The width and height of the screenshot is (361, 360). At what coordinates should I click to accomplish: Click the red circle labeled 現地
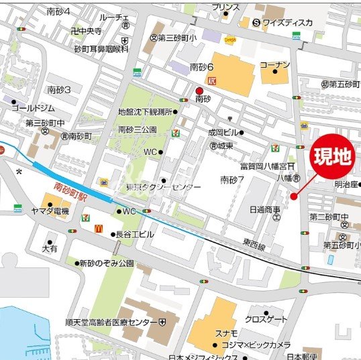tap(333, 157)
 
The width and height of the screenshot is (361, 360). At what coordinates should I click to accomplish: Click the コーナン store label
tap(275, 64)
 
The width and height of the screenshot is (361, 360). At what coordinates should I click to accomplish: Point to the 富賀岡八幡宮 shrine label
tap(264, 165)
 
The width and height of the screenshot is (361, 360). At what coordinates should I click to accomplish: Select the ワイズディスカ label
tap(287, 22)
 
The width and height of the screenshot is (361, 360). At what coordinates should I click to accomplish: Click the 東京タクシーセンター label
tap(163, 187)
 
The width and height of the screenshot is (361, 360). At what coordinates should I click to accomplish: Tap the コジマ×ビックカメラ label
tap(261, 345)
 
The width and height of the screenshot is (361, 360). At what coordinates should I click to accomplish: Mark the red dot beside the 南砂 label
tap(199, 92)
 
